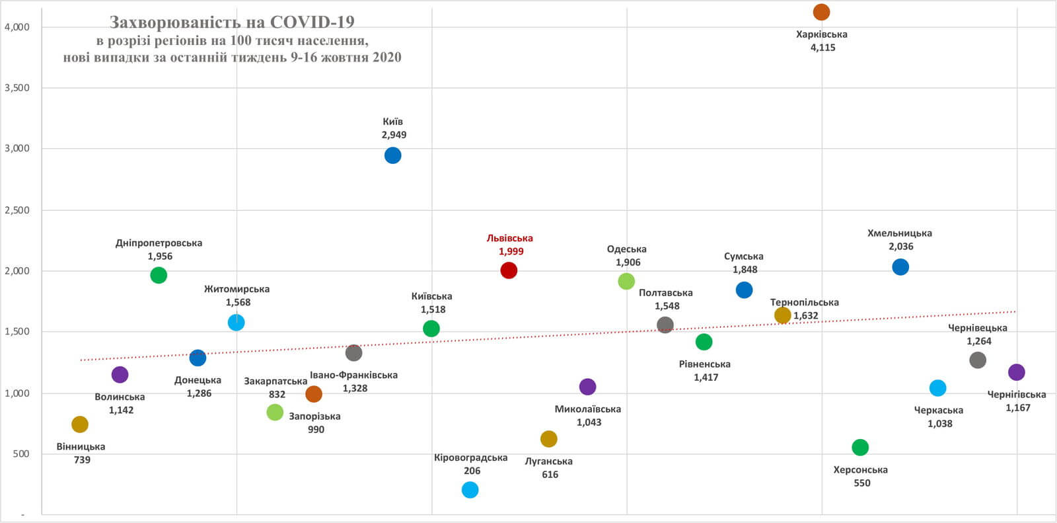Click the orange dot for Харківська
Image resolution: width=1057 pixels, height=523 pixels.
coord(821,12)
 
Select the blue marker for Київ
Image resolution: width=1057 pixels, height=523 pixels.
coord(392,155)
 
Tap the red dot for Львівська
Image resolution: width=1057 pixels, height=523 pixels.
coord(509,270)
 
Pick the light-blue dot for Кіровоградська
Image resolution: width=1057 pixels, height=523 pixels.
coord(470,489)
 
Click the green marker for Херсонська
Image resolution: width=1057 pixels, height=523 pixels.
coord(859,447)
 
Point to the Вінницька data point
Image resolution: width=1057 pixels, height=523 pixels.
coord(80,424)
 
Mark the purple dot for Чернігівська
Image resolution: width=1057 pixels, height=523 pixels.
coord(1016,372)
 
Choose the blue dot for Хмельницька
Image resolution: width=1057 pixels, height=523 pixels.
coord(900,266)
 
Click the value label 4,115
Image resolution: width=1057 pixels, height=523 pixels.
coord(822,48)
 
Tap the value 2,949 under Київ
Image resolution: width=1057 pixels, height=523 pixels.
coord(394,135)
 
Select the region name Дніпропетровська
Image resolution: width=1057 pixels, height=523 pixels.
coord(159,243)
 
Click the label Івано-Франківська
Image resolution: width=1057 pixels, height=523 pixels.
coord(353,375)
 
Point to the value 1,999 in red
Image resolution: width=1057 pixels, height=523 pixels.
coord(511,251)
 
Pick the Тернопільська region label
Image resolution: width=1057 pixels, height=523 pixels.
coord(804,302)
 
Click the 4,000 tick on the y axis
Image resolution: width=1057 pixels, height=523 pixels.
coord(17,27)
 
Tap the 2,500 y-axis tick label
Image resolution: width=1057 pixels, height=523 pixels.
coord(17,210)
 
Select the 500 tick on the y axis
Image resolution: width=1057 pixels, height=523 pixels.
coord(21,454)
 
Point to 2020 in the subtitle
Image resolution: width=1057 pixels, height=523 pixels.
coord(386,57)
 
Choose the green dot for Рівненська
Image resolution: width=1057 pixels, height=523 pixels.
coord(704,342)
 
